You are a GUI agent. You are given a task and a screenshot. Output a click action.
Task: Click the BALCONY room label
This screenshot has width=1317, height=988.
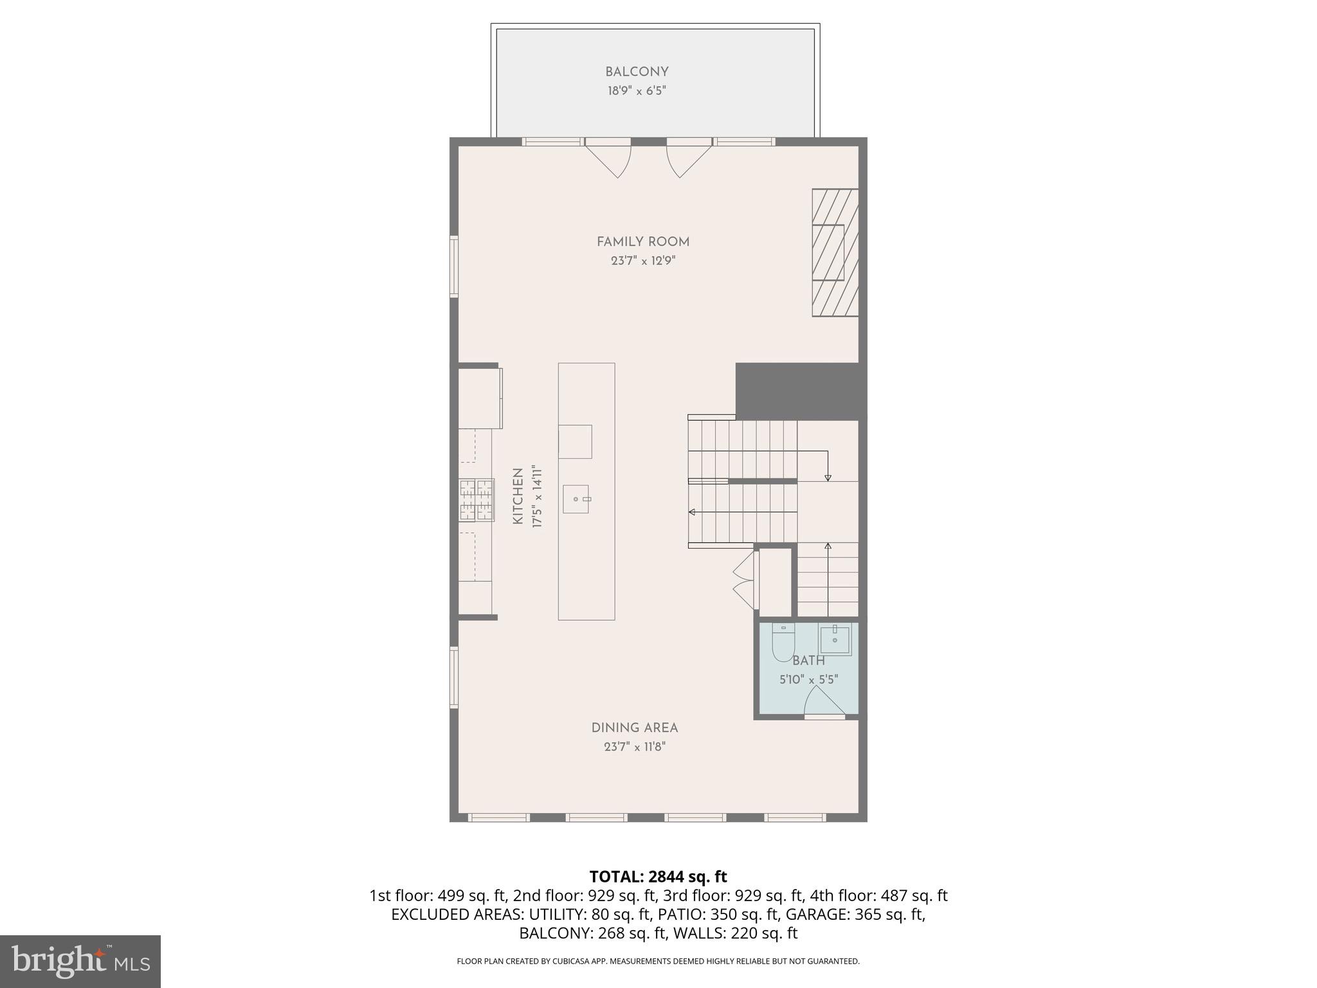click(637, 72)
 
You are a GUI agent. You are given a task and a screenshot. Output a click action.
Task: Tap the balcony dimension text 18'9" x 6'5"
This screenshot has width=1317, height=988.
click(637, 91)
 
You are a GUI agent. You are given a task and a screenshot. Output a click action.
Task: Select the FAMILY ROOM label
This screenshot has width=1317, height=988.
click(642, 242)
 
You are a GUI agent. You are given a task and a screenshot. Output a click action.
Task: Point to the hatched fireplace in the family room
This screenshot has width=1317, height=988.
click(835, 252)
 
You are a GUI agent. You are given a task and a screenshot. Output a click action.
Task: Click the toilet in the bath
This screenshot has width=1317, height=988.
click(783, 643)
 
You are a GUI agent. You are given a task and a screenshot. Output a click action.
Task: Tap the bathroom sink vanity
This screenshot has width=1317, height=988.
click(835, 640)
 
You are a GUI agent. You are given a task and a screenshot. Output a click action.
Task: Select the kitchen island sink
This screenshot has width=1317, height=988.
click(576, 499)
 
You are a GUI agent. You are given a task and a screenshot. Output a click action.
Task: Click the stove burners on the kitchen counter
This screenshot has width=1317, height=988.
click(477, 500)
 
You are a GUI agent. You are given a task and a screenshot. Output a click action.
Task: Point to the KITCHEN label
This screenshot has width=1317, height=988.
click(518, 497)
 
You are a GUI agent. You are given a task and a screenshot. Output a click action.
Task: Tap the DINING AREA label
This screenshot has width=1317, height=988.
click(634, 727)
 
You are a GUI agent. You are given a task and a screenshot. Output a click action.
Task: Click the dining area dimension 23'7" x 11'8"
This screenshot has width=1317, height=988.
click(634, 747)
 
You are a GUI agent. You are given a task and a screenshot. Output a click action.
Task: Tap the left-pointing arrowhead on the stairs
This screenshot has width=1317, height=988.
click(692, 512)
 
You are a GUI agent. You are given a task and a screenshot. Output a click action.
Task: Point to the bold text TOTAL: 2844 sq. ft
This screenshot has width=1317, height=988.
click(658, 876)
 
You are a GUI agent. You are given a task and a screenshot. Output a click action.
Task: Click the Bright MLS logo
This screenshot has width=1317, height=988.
click(80, 961)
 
